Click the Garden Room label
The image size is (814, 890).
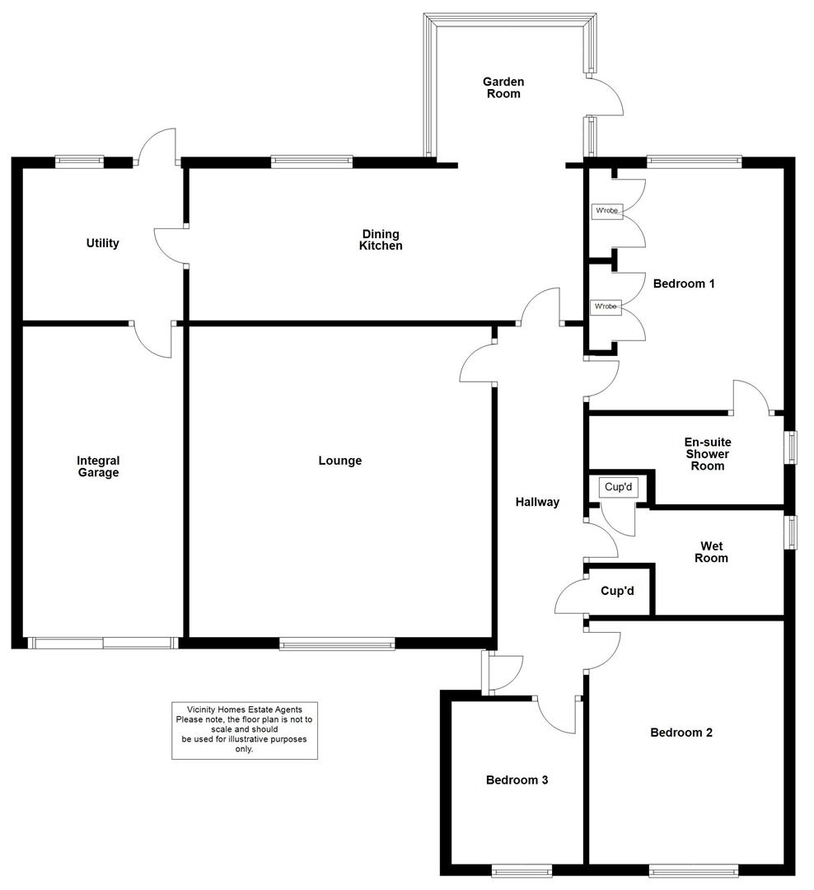coord(503,87)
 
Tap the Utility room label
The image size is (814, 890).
coord(103,243)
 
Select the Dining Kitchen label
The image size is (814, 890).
coord(381,240)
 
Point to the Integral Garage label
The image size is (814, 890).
coord(98,466)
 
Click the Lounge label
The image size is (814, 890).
coord(340,461)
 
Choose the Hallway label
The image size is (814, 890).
coord(537,502)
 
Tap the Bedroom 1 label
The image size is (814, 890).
coord(683,283)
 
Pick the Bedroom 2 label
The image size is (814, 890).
coord(681,733)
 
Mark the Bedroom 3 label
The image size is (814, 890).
coord(517,780)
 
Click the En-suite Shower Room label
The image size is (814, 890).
coord(707,454)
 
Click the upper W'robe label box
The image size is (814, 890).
coord(606,212)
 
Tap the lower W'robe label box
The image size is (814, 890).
coord(606,307)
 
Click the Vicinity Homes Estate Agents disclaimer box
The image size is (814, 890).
coord(245,730)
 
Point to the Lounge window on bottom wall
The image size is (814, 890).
coord(337,644)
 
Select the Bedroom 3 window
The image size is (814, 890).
coord(522,869)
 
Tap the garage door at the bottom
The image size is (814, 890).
coord(102,643)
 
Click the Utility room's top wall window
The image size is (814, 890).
coord(79,162)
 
